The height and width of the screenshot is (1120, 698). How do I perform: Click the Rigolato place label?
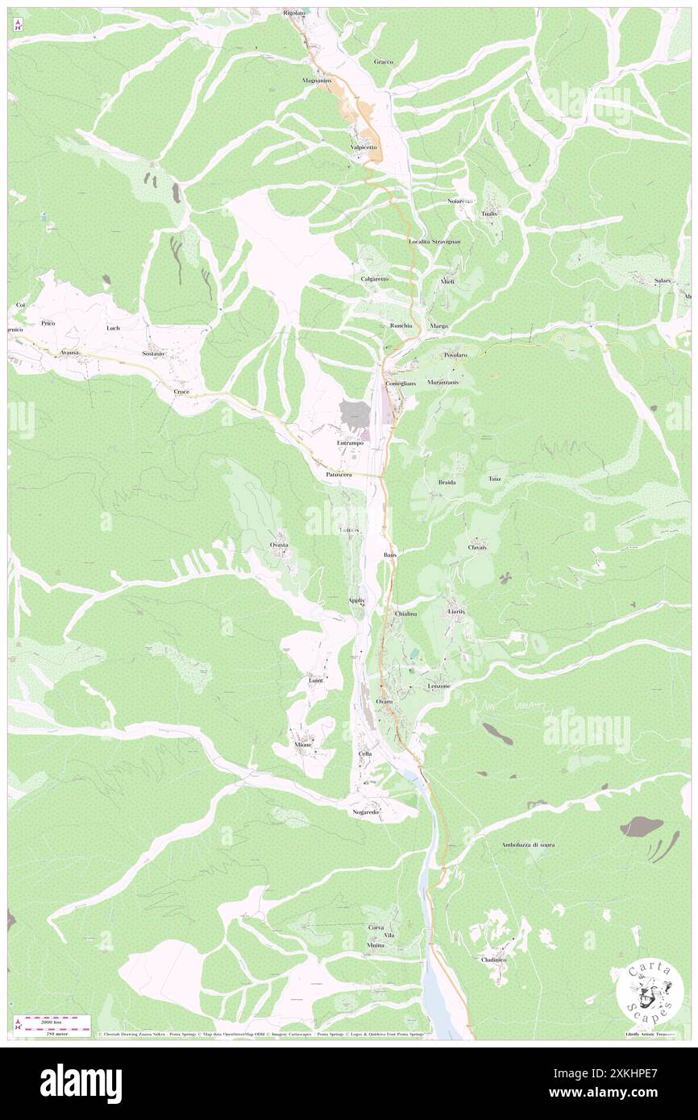pyautogui.click(x=294, y=14)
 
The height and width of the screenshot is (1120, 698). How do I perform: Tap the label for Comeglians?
pyautogui.click(x=400, y=384)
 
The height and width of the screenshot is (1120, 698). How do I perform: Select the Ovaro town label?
pyautogui.click(x=384, y=701)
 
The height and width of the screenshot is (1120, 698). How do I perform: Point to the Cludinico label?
pyautogui.click(x=493, y=960)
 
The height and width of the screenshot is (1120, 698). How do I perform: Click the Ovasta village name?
pyautogui.click(x=279, y=545)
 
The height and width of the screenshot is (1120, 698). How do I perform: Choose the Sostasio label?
pyautogui.click(x=153, y=354)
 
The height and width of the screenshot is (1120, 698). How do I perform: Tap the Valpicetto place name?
pyautogui.click(x=364, y=147)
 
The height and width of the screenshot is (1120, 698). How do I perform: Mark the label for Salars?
pyautogui.click(x=663, y=280)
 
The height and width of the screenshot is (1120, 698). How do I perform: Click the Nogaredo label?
pyautogui.click(x=365, y=812)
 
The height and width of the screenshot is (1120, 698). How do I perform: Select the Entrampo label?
pyautogui.click(x=350, y=443)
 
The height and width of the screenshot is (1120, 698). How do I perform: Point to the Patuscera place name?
pyautogui.click(x=339, y=475)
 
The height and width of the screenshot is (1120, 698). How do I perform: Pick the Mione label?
pyautogui.click(x=303, y=745)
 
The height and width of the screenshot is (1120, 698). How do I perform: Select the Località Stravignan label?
pyautogui.click(x=434, y=241)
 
